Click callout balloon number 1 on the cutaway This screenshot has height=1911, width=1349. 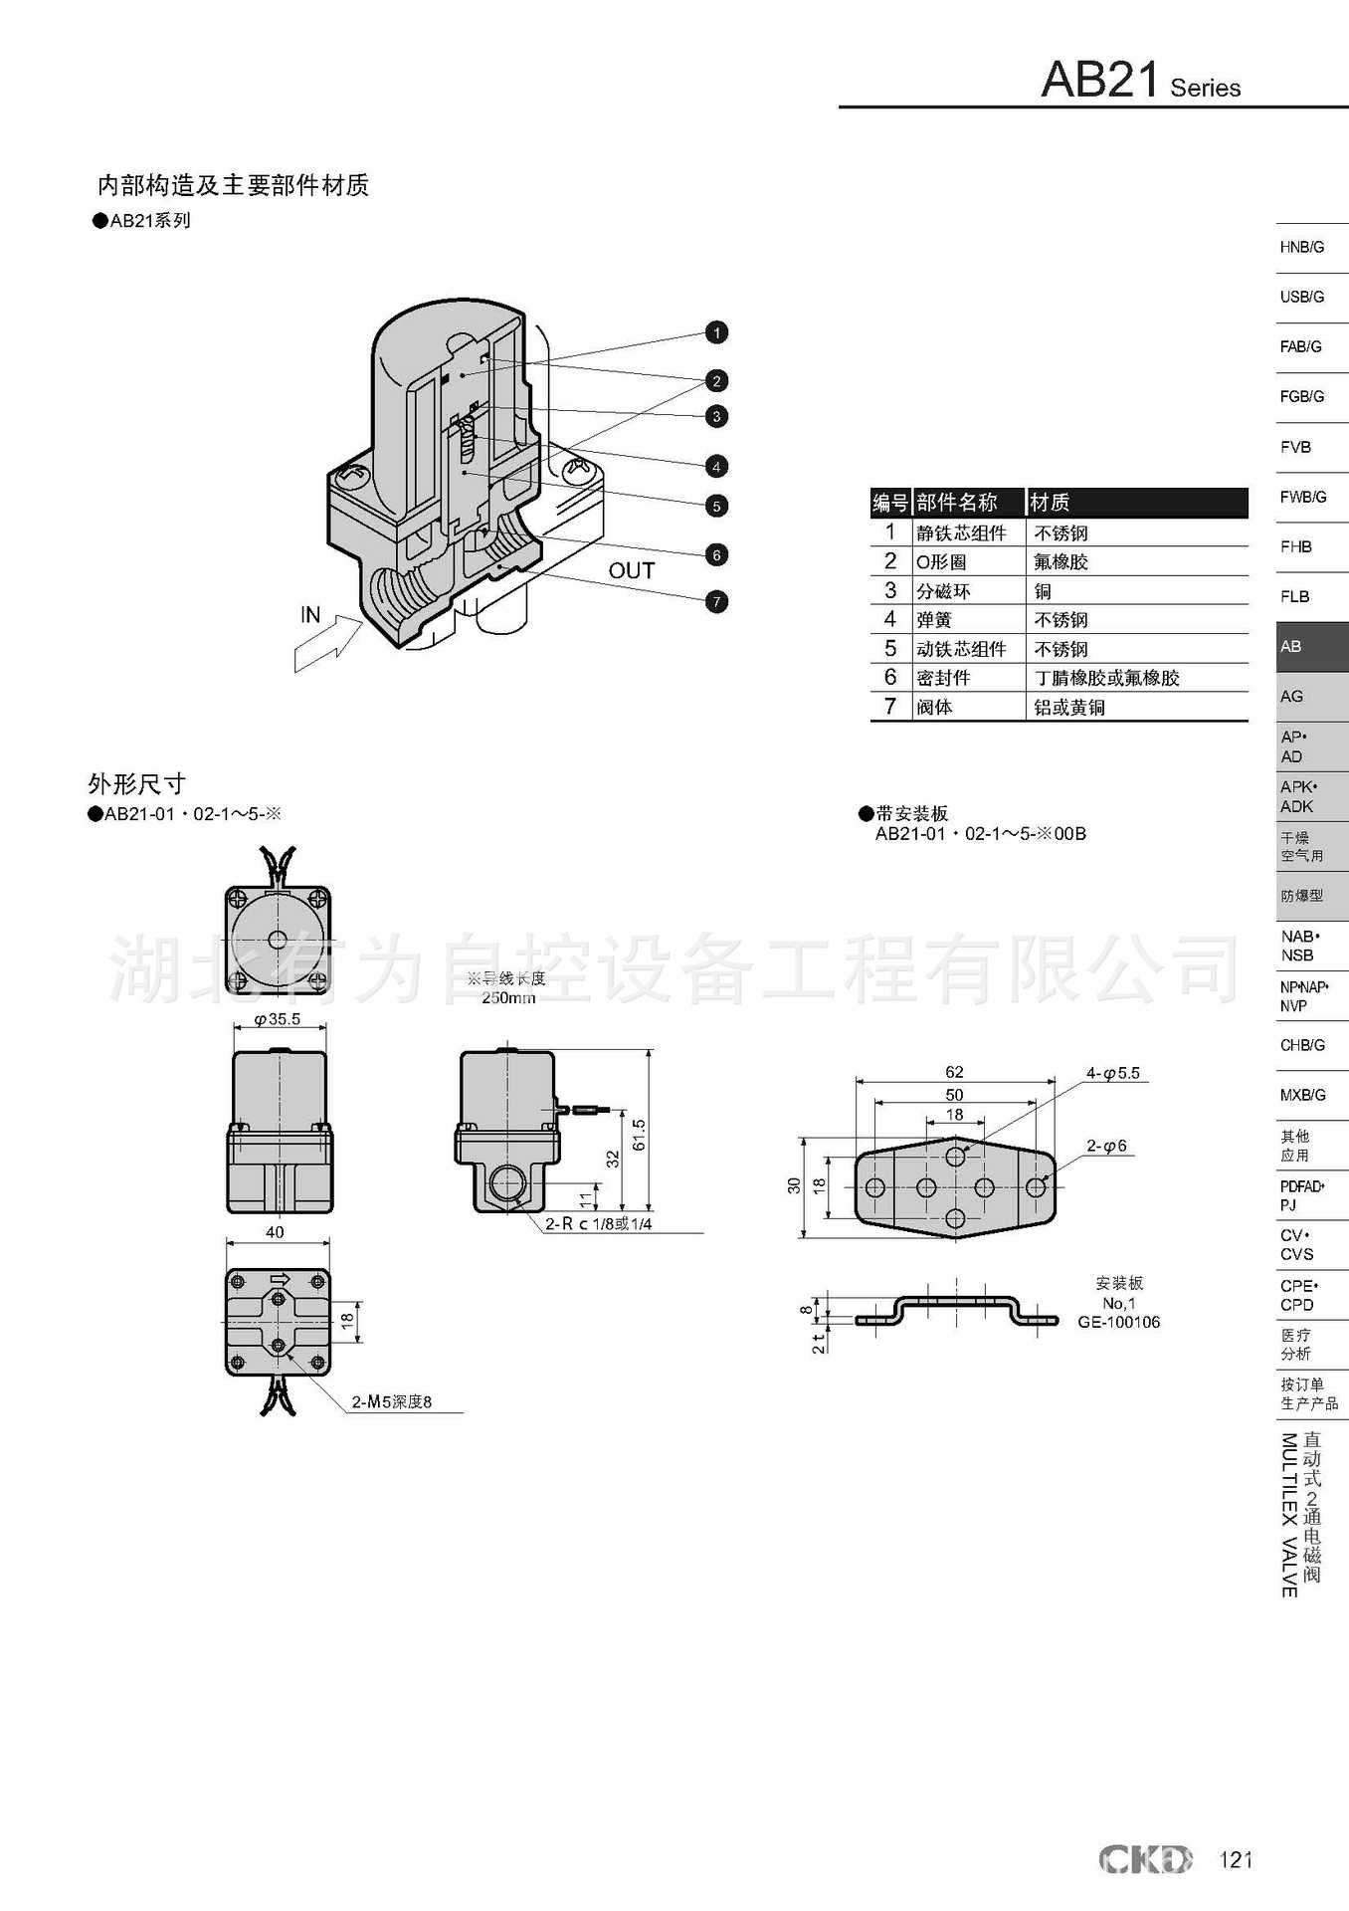pos(716,332)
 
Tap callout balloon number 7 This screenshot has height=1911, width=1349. pos(716,602)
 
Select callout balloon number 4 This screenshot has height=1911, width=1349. pos(716,466)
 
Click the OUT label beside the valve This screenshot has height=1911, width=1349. pos(632,571)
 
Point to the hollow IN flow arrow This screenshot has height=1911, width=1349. pos(328,644)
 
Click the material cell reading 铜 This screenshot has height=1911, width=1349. pos(1043,591)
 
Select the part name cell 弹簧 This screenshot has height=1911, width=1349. pos(934,620)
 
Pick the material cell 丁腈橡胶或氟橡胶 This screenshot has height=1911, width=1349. pos(1106,678)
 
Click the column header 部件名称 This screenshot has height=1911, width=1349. pos(956,503)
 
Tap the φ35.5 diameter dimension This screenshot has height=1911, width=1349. pos(278,1019)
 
